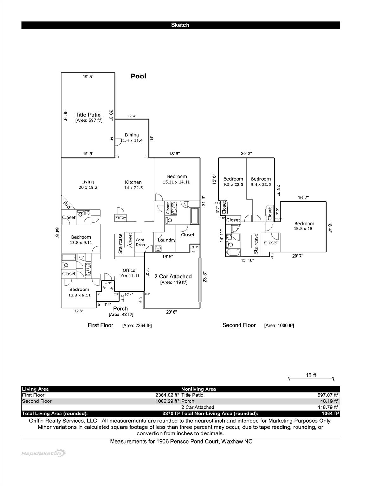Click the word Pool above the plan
point(138,76)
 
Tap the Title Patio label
point(88,115)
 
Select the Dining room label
point(132,135)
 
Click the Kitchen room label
point(133,182)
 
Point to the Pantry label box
point(121,218)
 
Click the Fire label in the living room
point(67,205)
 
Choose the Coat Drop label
point(140,242)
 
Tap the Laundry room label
point(167,240)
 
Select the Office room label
point(129,271)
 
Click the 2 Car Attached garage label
point(173,277)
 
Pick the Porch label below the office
point(120,308)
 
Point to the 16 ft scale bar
point(311,378)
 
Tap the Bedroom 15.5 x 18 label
point(304,226)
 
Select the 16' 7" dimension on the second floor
point(303,198)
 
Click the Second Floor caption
point(239,325)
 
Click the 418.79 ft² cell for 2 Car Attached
point(328,408)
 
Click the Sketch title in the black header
point(180,25)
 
